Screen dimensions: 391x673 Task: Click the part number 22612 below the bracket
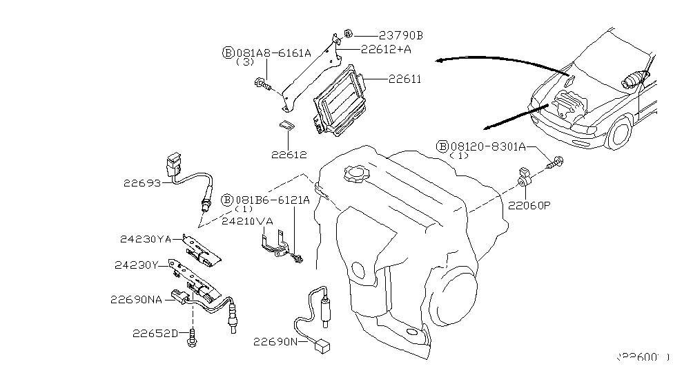coord(289,155)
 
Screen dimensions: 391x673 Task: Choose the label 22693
coord(142,184)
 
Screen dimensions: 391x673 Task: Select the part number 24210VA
coord(247,222)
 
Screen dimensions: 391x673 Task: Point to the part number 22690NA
coord(136,300)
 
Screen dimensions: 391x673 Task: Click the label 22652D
coord(156,334)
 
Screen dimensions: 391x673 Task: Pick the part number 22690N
coord(274,341)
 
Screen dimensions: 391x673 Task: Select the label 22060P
coord(530,205)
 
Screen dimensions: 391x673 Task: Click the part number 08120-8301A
coord(489,146)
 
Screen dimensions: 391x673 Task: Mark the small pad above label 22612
coord(285,126)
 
